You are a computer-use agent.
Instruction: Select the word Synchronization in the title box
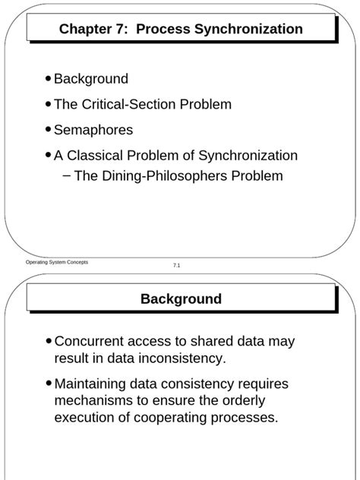point(254,30)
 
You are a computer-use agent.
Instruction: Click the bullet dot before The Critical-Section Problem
point(49,104)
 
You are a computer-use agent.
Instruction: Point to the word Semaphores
point(93,130)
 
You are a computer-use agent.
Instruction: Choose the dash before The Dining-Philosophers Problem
point(67,176)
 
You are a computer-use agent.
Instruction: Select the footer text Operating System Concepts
point(57,262)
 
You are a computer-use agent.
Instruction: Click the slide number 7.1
point(176,265)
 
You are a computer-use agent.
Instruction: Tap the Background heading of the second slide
point(181,299)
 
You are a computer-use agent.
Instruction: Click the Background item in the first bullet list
point(91,79)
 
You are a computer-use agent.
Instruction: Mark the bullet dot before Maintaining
point(49,384)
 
